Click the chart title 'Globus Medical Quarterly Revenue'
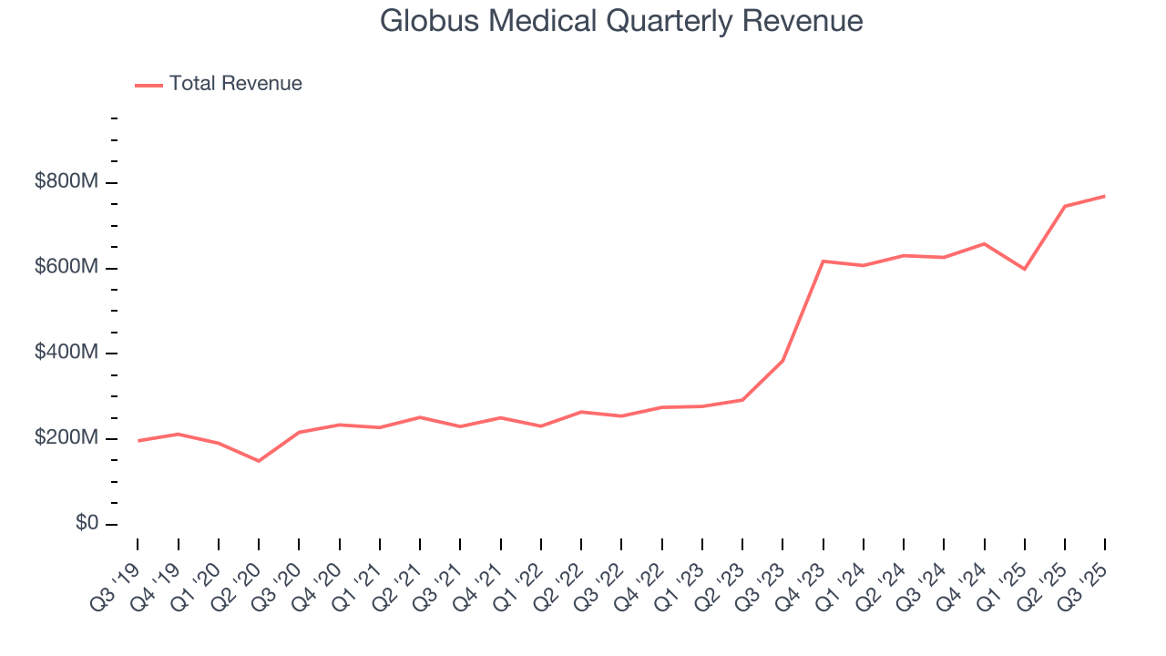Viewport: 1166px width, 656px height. pyautogui.click(x=621, y=21)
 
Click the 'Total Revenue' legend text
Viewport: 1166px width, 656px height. pyautogui.click(x=235, y=84)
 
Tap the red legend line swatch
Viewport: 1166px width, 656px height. pyautogui.click(x=148, y=85)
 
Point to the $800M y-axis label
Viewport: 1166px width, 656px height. pyautogui.click(x=66, y=182)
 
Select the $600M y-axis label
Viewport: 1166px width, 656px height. pyautogui.click(x=66, y=268)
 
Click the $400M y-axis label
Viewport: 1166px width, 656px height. pyautogui.click(x=66, y=353)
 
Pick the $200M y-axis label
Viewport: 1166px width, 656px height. pyautogui.click(x=66, y=438)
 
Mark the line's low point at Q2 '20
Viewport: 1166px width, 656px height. pyautogui.click(x=259, y=461)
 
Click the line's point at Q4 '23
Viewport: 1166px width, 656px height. pyautogui.click(x=823, y=261)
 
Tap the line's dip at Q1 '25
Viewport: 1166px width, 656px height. pyautogui.click(x=1025, y=269)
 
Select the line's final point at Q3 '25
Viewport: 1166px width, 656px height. pyautogui.click(x=1105, y=196)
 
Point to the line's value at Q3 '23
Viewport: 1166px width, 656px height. pyautogui.click(x=782, y=361)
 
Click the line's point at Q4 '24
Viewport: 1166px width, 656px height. pyautogui.click(x=984, y=243)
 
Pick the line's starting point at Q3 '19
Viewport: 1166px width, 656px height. pyautogui.click(x=138, y=441)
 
